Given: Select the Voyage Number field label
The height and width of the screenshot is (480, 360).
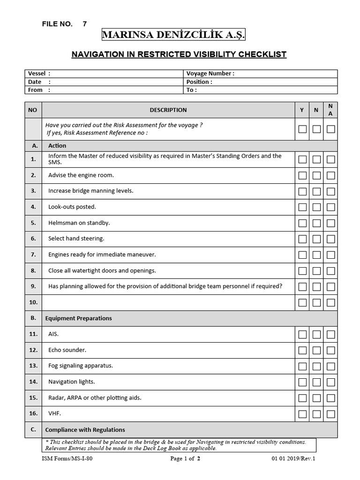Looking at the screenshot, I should tap(210, 74).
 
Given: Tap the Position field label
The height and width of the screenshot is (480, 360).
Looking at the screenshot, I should tap(199, 82).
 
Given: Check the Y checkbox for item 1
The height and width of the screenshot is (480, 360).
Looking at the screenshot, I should tap(302, 159).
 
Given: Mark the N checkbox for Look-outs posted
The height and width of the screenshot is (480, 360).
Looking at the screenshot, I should tap(316, 207).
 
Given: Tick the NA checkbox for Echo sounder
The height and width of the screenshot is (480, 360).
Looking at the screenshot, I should tap(331, 350).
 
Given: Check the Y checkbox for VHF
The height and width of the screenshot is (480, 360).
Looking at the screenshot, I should tap(302, 414).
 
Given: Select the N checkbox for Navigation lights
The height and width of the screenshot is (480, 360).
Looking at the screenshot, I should tap(316, 382).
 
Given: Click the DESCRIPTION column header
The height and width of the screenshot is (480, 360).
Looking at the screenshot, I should tap(168, 110).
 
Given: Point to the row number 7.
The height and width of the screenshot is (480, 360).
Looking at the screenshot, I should tap(33, 255).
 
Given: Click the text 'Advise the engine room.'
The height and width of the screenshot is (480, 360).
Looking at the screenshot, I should tap(81, 175).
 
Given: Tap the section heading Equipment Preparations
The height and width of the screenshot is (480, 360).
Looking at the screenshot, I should tap(78, 318).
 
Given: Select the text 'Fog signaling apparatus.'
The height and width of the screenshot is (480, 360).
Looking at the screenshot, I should tap(81, 366).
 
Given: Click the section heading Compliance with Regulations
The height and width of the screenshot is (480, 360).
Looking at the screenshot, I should tap(85, 430).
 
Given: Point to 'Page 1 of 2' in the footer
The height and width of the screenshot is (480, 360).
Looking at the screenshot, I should tap(185, 459).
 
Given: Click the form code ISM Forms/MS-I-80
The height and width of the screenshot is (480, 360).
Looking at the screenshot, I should tap(67, 459).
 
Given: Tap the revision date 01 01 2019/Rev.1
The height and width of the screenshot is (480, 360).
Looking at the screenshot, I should tap(293, 459).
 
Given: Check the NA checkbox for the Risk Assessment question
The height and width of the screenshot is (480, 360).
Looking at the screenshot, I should tap(331, 129).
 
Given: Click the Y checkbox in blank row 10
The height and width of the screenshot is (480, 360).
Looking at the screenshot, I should tap(302, 302).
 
